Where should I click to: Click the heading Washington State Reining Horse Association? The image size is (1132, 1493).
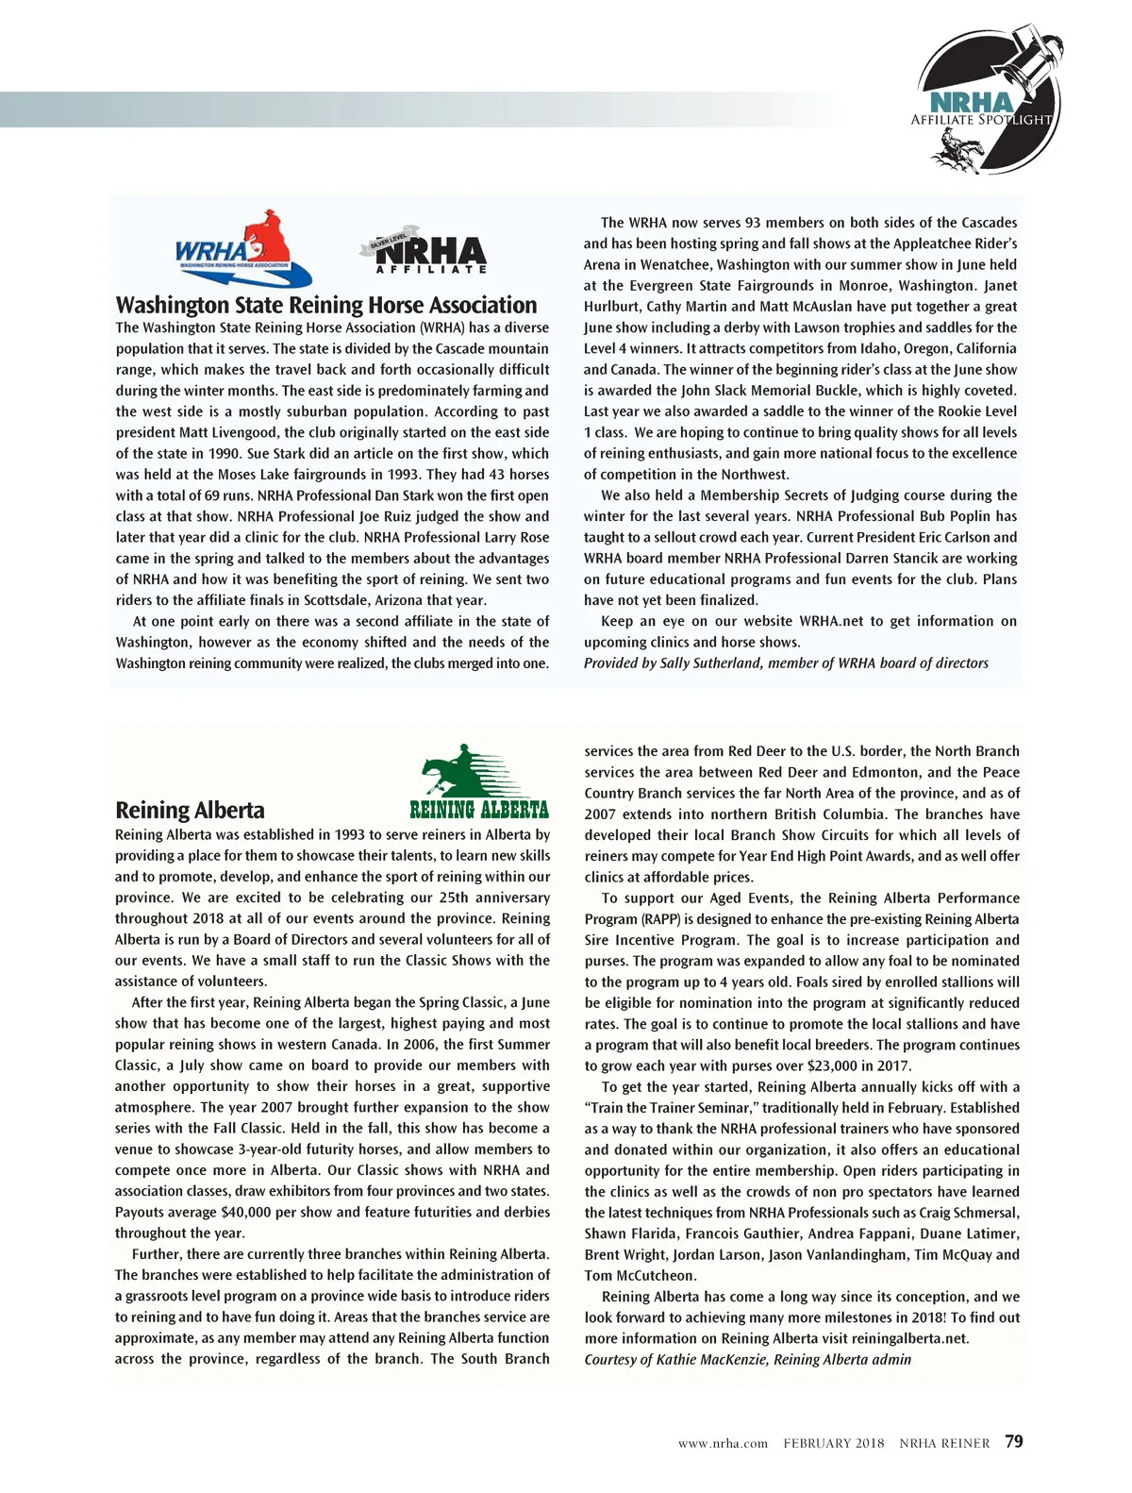[x=325, y=305]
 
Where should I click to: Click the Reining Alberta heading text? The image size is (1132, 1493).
[x=190, y=810]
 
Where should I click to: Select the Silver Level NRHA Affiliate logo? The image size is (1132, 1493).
[x=425, y=252]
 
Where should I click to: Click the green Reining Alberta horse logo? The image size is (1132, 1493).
[x=480, y=782]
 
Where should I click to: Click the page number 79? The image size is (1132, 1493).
[x=1014, y=1441]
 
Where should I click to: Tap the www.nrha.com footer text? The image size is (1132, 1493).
[x=723, y=1443]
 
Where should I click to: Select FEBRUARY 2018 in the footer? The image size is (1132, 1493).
[x=834, y=1443]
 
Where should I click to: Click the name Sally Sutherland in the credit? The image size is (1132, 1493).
[x=709, y=663]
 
